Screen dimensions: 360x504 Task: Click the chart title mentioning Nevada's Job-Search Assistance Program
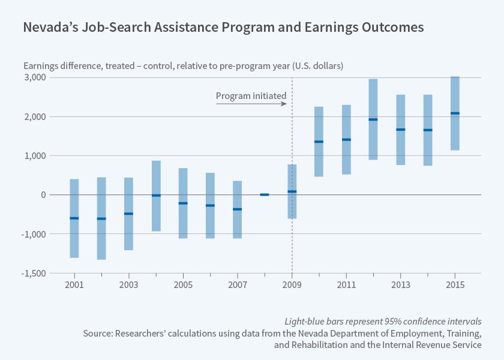(x=223, y=28)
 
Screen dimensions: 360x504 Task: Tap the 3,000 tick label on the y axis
(x=35, y=77)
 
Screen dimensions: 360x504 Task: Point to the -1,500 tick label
(x=33, y=273)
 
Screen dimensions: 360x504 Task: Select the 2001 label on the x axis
(x=74, y=284)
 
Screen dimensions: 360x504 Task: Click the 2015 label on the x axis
(x=455, y=284)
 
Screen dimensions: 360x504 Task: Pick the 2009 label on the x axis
(x=292, y=284)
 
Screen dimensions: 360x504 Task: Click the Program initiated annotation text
(x=251, y=95)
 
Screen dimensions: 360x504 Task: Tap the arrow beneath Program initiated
(x=251, y=104)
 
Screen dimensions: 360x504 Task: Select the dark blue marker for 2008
(x=264, y=194)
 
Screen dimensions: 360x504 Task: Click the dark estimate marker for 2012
(x=373, y=119)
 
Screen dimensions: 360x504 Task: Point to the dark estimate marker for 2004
(x=156, y=196)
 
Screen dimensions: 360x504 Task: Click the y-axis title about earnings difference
(x=183, y=65)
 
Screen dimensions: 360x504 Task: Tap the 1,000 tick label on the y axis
(x=35, y=155)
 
